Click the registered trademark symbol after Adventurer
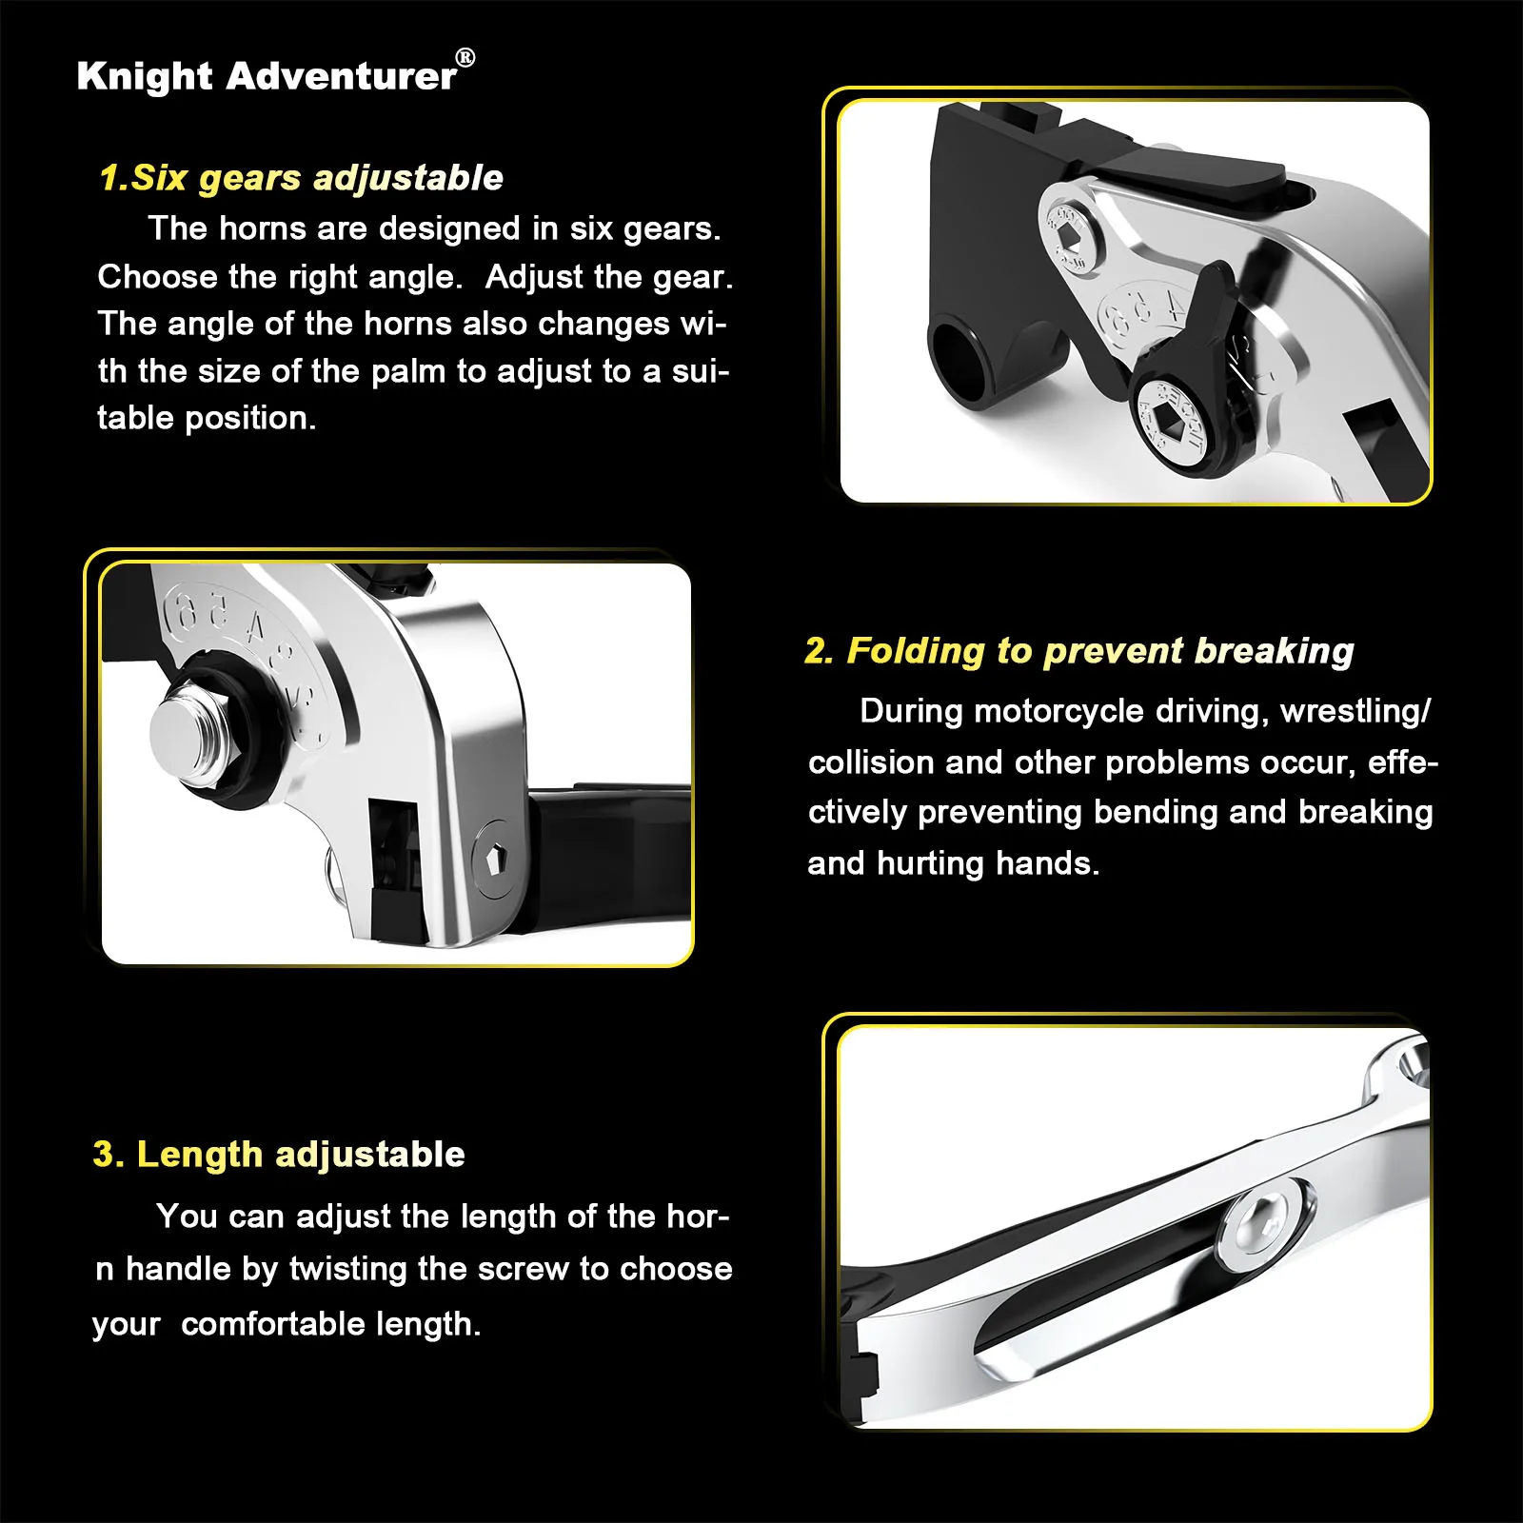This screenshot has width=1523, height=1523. pos(465,57)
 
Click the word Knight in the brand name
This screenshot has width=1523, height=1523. pos(145,76)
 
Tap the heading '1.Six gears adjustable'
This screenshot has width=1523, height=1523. pos(302,178)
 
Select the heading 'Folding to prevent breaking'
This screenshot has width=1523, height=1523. pos(1100,651)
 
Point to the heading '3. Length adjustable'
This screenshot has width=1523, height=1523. pos(279,1154)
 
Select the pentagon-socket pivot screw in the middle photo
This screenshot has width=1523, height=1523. pos(494,860)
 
